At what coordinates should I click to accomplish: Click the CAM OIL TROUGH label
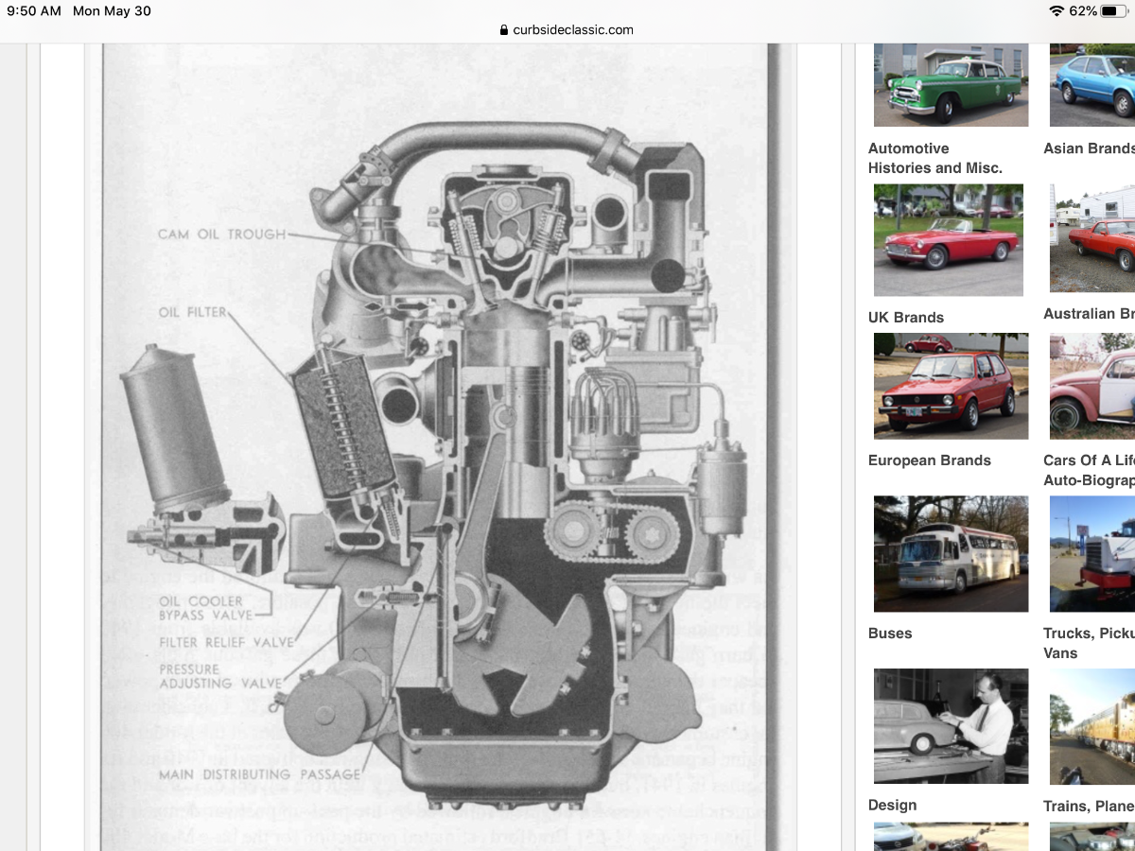[221, 234]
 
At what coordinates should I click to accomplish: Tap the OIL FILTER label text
[193, 311]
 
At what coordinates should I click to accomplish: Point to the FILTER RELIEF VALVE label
[226, 643]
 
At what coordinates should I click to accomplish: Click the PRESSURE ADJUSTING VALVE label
[220, 676]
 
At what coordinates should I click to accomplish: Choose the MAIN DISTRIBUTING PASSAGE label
[259, 774]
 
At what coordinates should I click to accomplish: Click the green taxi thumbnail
[950, 85]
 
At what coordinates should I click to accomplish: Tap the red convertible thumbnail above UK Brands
[950, 240]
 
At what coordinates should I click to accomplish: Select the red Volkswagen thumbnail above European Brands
[950, 386]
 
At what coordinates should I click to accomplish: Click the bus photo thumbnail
[950, 553]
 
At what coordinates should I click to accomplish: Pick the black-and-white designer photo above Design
[950, 726]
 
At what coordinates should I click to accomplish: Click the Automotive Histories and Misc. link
[934, 158]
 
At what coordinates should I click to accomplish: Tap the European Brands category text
[929, 460]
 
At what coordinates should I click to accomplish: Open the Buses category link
[891, 633]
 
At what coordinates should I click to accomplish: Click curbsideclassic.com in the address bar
[573, 29]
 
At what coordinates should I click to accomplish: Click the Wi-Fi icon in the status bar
[1056, 11]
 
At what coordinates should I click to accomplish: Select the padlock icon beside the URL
[504, 29]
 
